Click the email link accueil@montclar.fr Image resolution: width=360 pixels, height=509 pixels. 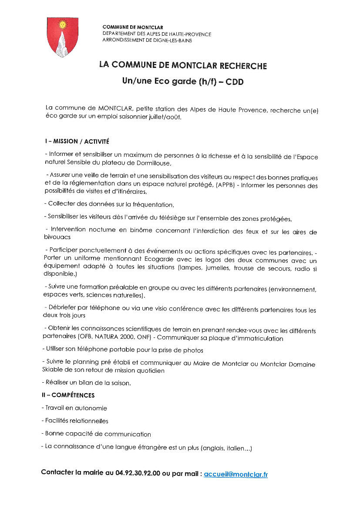point(236,474)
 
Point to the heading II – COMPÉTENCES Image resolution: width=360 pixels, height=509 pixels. point(68,395)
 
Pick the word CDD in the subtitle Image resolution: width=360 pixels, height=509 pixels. point(234,82)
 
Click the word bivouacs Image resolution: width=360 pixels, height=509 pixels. point(57,238)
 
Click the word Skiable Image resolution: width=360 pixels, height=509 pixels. point(54,371)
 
